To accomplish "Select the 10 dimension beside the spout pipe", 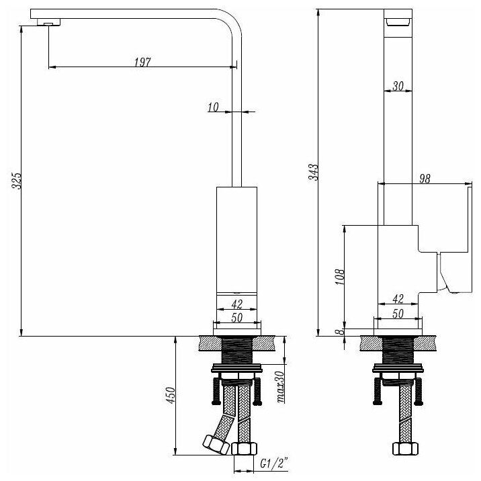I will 214,107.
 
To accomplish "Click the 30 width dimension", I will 397,86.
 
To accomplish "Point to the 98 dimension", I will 424,178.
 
